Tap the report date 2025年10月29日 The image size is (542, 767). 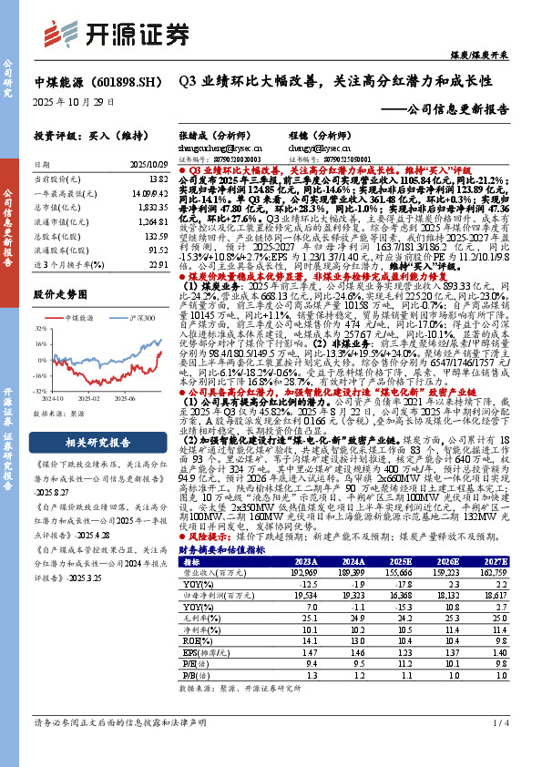tap(74, 101)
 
